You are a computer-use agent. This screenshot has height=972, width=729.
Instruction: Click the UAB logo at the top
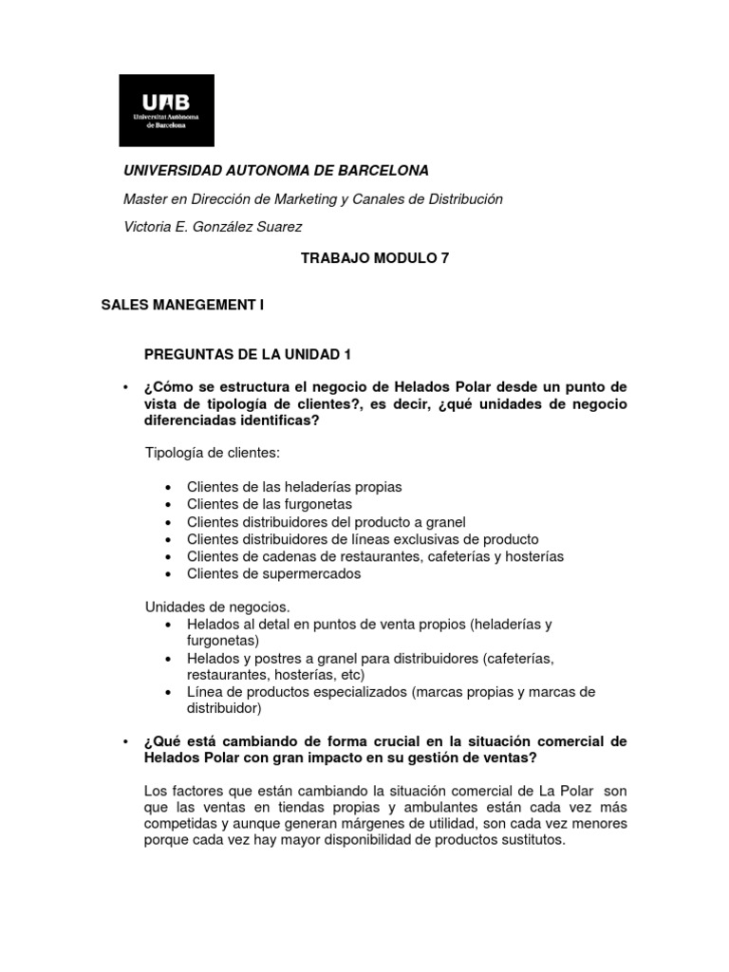coord(166,110)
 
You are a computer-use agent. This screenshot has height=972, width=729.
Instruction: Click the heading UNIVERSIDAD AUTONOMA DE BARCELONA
coord(277,170)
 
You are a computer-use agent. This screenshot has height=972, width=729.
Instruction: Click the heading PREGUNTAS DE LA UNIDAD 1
coord(248,355)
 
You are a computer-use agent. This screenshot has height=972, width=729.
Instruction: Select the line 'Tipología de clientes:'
coord(213,454)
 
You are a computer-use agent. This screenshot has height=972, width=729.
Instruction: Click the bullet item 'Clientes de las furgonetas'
coord(270,504)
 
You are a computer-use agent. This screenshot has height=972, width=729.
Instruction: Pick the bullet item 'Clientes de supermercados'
coord(273,573)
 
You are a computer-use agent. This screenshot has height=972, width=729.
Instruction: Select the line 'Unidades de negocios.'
coord(217,606)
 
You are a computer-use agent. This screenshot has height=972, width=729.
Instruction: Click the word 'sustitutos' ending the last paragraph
coord(532,841)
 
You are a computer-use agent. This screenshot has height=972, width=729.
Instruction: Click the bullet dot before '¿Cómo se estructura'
coord(126,387)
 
